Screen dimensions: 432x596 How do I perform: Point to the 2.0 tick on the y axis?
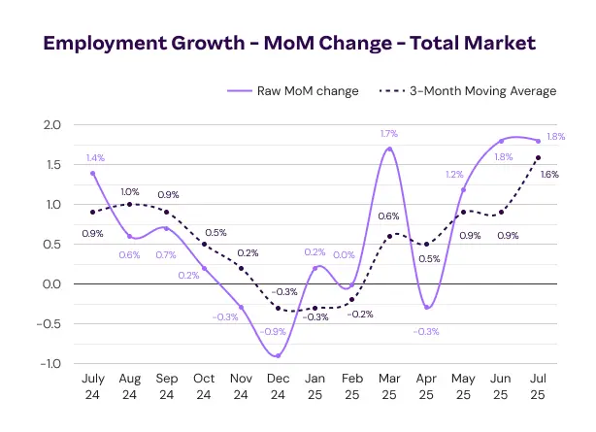tap(51, 125)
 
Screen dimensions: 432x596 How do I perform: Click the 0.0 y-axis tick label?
tap(51, 284)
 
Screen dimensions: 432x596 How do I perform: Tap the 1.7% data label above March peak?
tap(389, 134)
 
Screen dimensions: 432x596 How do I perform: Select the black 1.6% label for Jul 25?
tap(548, 175)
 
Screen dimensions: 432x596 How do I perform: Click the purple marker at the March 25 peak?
tap(389, 150)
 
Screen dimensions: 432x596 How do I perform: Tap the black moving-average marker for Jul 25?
tap(538, 157)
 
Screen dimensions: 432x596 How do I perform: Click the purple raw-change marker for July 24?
tap(92, 173)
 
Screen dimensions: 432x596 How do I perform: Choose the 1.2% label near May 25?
tap(454, 175)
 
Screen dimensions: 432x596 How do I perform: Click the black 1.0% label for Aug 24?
tap(130, 191)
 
